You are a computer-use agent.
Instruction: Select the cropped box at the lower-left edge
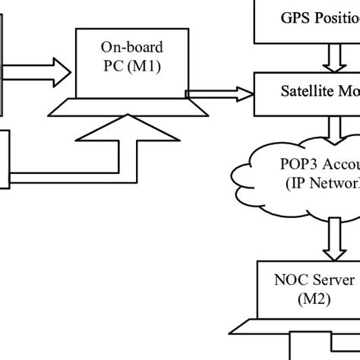(x=4, y=158)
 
